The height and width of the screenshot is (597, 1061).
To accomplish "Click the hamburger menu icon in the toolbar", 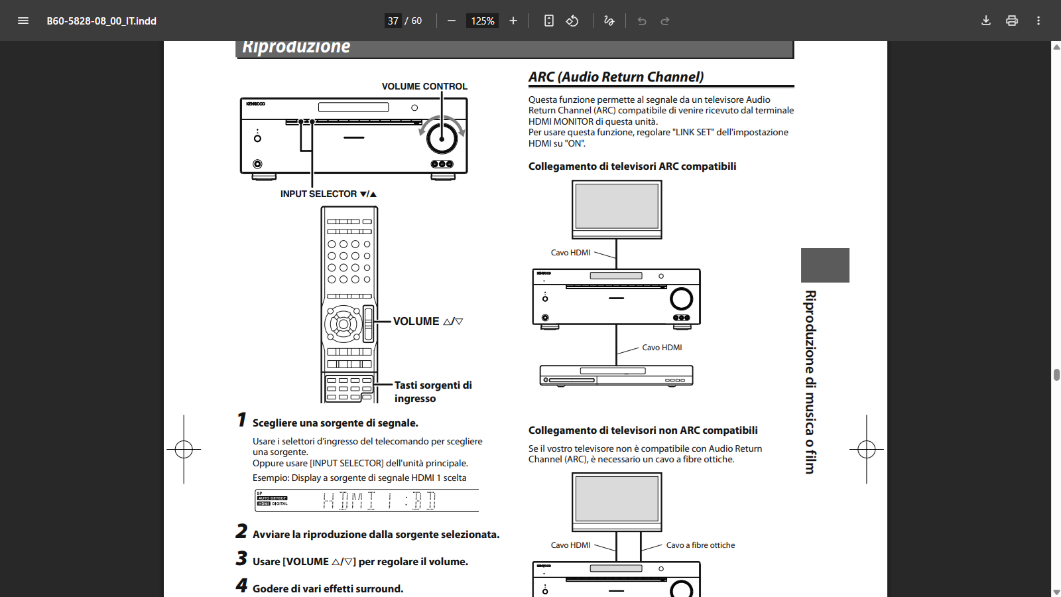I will pos(23,21).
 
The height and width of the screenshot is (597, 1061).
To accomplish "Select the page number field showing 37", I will pos(393,21).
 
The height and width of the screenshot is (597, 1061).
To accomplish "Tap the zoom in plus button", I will pos(513,21).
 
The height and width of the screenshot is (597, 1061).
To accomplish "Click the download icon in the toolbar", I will pos(986,21).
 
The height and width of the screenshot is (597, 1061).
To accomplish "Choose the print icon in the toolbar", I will pos(1012,21).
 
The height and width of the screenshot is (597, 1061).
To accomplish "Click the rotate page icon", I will pos(572,21).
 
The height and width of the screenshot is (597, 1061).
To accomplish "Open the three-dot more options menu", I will pos(1038,21).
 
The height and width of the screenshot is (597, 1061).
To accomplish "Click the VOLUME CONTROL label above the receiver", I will pos(424,86).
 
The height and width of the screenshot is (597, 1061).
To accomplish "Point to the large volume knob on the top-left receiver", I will pos(442,138).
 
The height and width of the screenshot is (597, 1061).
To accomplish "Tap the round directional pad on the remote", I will pos(343,324).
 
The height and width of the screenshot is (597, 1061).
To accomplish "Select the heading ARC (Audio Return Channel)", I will pos(616,77).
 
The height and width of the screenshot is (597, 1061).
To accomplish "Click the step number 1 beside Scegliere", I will pos(242,420).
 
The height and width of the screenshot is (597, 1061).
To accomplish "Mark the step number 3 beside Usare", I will pos(241,559).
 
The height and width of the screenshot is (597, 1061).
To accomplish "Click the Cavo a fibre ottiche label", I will pos(700,545).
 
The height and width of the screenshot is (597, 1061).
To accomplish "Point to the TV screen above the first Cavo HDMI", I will pos(617,207).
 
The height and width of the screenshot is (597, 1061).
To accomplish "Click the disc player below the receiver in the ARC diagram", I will pos(617,375).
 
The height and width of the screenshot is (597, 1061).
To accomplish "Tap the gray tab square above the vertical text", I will pos(825,265).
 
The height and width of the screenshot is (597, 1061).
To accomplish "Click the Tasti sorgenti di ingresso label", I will pos(432,391).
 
